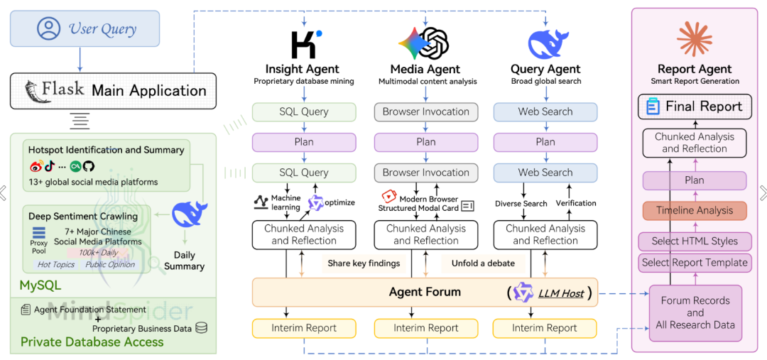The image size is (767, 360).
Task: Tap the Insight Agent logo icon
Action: pos(305,44)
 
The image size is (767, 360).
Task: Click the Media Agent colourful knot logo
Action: pos(425,43)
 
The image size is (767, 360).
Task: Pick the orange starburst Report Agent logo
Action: pos(695,38)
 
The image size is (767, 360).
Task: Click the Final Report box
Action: pos(695,107)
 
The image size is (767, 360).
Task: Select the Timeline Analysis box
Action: pos(695,210)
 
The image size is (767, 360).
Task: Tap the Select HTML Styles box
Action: pos(695,241)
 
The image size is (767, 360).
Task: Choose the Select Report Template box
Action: pos(695,263)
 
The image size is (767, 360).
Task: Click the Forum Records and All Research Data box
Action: pos(695,312)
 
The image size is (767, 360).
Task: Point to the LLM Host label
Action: pos(561,293)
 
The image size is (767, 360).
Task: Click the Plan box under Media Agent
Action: pos(426,142)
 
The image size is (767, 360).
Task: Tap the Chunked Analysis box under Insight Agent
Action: pos(304,234)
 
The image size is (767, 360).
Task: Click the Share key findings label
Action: pos(364,263)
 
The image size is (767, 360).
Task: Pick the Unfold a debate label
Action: pos(483,263)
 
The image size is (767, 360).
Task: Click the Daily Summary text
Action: pos(184,261)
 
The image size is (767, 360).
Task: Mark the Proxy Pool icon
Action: pos(38,233)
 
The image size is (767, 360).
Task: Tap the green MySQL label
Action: pos(40,286)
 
